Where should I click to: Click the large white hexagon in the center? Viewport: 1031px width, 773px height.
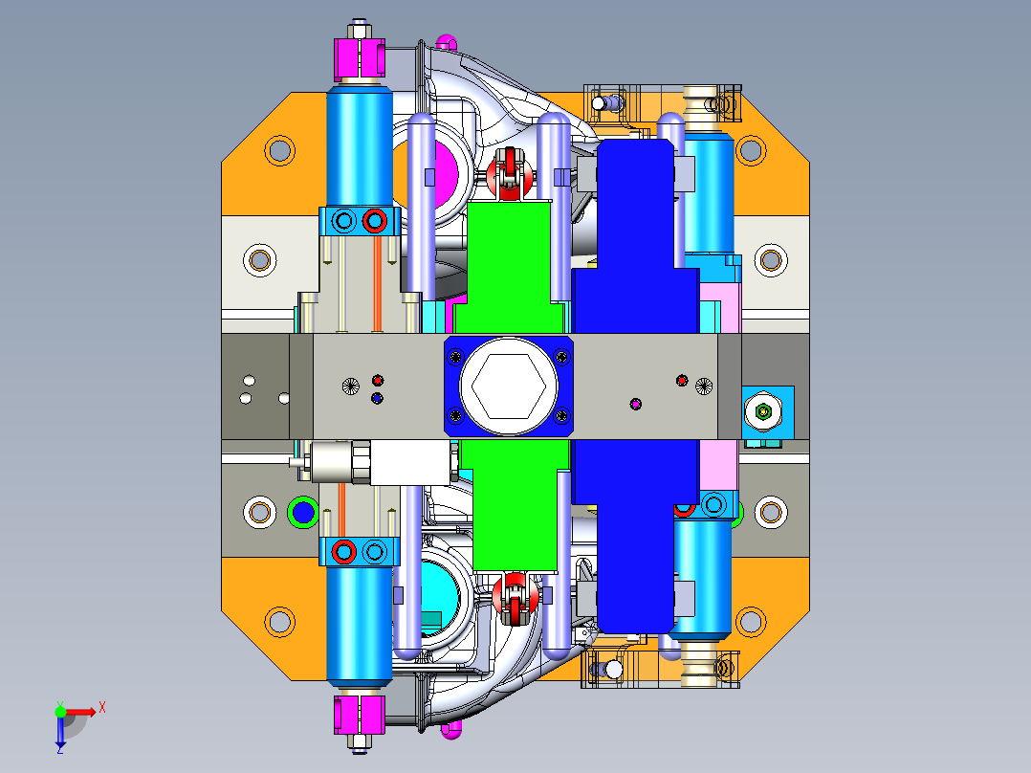click(x=508, y=386)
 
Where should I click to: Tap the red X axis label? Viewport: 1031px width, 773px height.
click(x=102, y=708)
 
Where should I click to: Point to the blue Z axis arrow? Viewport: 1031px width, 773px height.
click(x=60, y=734)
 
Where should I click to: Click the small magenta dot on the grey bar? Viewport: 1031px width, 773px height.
click(x=635, y=404)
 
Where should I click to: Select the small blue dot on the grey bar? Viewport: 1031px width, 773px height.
click(x=377, y=398)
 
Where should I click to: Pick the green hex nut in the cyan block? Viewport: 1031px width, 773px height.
click(x=763, y=412)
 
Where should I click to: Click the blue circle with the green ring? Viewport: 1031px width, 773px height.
click(x=302, y=512)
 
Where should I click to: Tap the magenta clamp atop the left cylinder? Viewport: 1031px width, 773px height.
click(x=359, y=58)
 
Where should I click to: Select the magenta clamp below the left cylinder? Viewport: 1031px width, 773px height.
click(x=359, y=715)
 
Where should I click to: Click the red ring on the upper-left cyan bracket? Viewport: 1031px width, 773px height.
click(x=374, y=221)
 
